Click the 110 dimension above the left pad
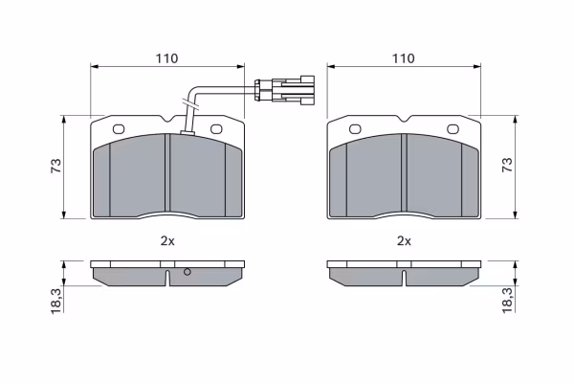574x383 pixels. pyautogui.click(x=166, y=58)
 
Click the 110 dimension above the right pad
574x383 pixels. pyautogui.click(x=404, y=58)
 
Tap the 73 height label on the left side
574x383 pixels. pyautogui.click(x=56, y=167)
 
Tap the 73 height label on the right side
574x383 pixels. pyautogui.click(x=507, y=166)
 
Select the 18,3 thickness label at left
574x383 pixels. pyautogui.click(x=56, y=301)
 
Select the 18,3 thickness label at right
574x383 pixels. pyautogui.click(x=508, y=301)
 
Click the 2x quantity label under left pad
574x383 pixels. pyautogui.click(x=167, y=241)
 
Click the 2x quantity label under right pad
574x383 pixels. pyautogui.click(x=404, y=241)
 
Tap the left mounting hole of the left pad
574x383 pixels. pyautogui.click(x=119, y=129)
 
